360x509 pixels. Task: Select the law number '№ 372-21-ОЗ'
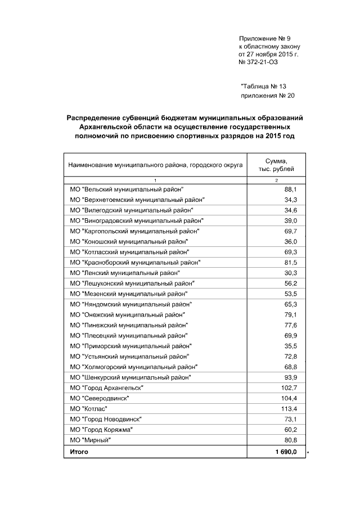point(259,62)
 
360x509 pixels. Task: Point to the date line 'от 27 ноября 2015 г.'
point(269,55)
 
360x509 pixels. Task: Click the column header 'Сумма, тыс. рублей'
point(276,165)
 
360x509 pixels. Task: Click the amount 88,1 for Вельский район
point(290,190)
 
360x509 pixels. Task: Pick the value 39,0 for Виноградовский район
point(290,220)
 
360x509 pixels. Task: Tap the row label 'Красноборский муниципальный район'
point(134,263)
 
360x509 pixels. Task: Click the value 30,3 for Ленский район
point(290,273)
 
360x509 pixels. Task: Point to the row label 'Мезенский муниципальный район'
point(128,294)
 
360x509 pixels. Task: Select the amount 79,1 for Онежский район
point(290,314)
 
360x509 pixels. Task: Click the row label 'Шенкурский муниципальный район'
point(130,377)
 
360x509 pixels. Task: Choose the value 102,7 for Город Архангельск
point(289,388)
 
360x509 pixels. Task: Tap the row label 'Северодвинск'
point(98,398)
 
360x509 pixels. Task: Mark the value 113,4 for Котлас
point(289,408)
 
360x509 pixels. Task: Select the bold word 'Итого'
point(79,452)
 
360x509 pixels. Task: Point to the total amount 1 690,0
point(285,452)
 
